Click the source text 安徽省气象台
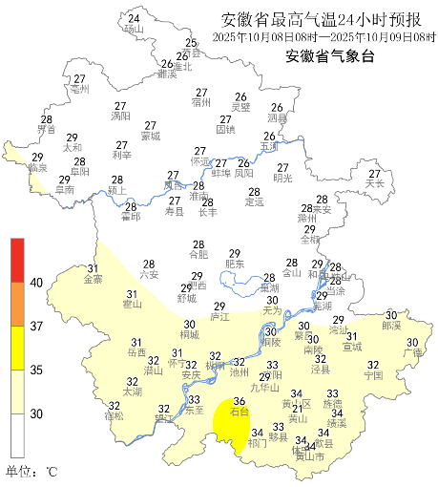[331, 56]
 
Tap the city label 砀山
[134, 30]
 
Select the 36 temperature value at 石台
[240, 402]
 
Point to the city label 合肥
[198, 255]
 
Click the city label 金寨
[94, 280]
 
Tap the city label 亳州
[79, 89]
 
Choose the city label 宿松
[114, 416]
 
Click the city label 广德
[412, 353]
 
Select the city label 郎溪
[391, 326]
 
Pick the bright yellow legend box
[17, 348]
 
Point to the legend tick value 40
[36, 283]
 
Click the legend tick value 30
[36, 413]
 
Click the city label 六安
[149, 275]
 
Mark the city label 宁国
[373, 375]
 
